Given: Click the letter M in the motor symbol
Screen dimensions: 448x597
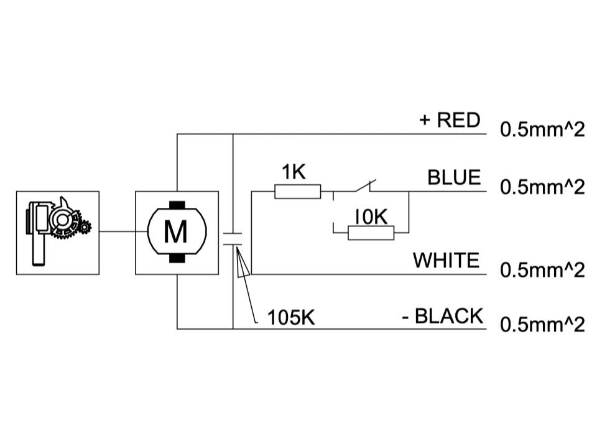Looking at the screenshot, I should tap(177, 233).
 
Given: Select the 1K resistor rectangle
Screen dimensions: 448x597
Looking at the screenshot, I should tap(298, 192).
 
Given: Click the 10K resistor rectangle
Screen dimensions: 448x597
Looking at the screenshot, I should tap(371, 233).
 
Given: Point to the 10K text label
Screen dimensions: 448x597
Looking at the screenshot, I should tap(371, 216).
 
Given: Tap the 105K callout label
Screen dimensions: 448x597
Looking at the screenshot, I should tap(291, 317).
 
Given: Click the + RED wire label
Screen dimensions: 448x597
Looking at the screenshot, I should tap(450, 119).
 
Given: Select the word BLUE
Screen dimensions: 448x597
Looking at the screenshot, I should tap(454, 177).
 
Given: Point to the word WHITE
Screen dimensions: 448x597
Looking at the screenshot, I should tap(447, 259).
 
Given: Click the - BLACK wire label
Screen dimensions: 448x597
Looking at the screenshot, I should tap(442, 316).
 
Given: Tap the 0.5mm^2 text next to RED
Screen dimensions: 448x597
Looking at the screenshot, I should tap(542, 130).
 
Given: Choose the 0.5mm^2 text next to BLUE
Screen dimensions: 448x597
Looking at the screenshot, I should tap(542, 187).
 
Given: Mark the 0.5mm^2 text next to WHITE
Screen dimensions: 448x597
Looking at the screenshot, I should tap(542, 270).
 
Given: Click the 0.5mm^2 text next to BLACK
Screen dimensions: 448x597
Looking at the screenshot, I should tap(542, 325).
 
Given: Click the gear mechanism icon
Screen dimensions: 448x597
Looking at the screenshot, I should tap(57, 232).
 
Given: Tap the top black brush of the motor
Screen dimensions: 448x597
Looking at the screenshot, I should tap(177, 205).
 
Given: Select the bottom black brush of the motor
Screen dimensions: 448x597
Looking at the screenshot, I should tap(177, 258).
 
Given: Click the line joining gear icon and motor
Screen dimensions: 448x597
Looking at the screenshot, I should tap(118, 233).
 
